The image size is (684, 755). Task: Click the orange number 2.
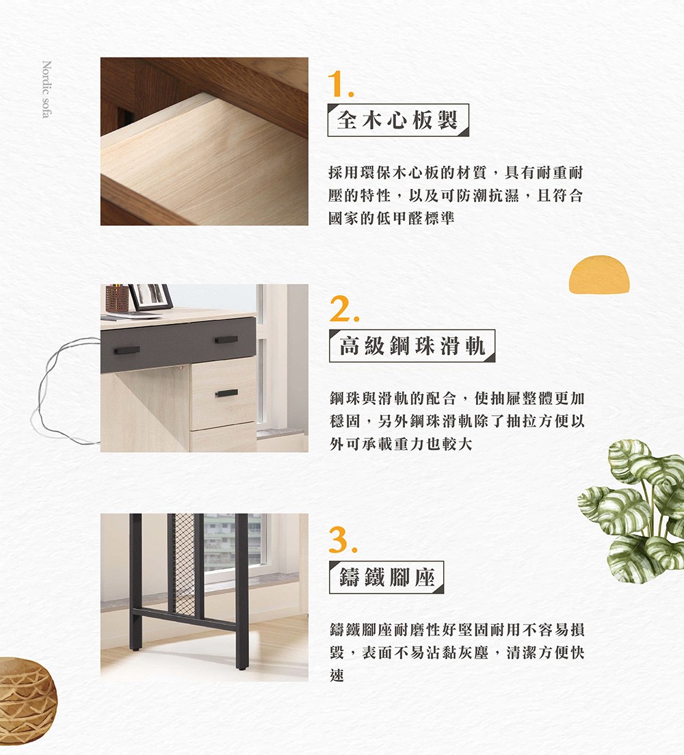pos(342,311)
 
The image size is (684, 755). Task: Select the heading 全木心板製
pos(398,120)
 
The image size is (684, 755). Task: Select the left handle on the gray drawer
pos(127,350)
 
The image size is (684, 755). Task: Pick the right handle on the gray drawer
pos(226,340)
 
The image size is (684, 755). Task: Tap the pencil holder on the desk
pos(117,300)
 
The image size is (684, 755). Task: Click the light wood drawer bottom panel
pos(205,171)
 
